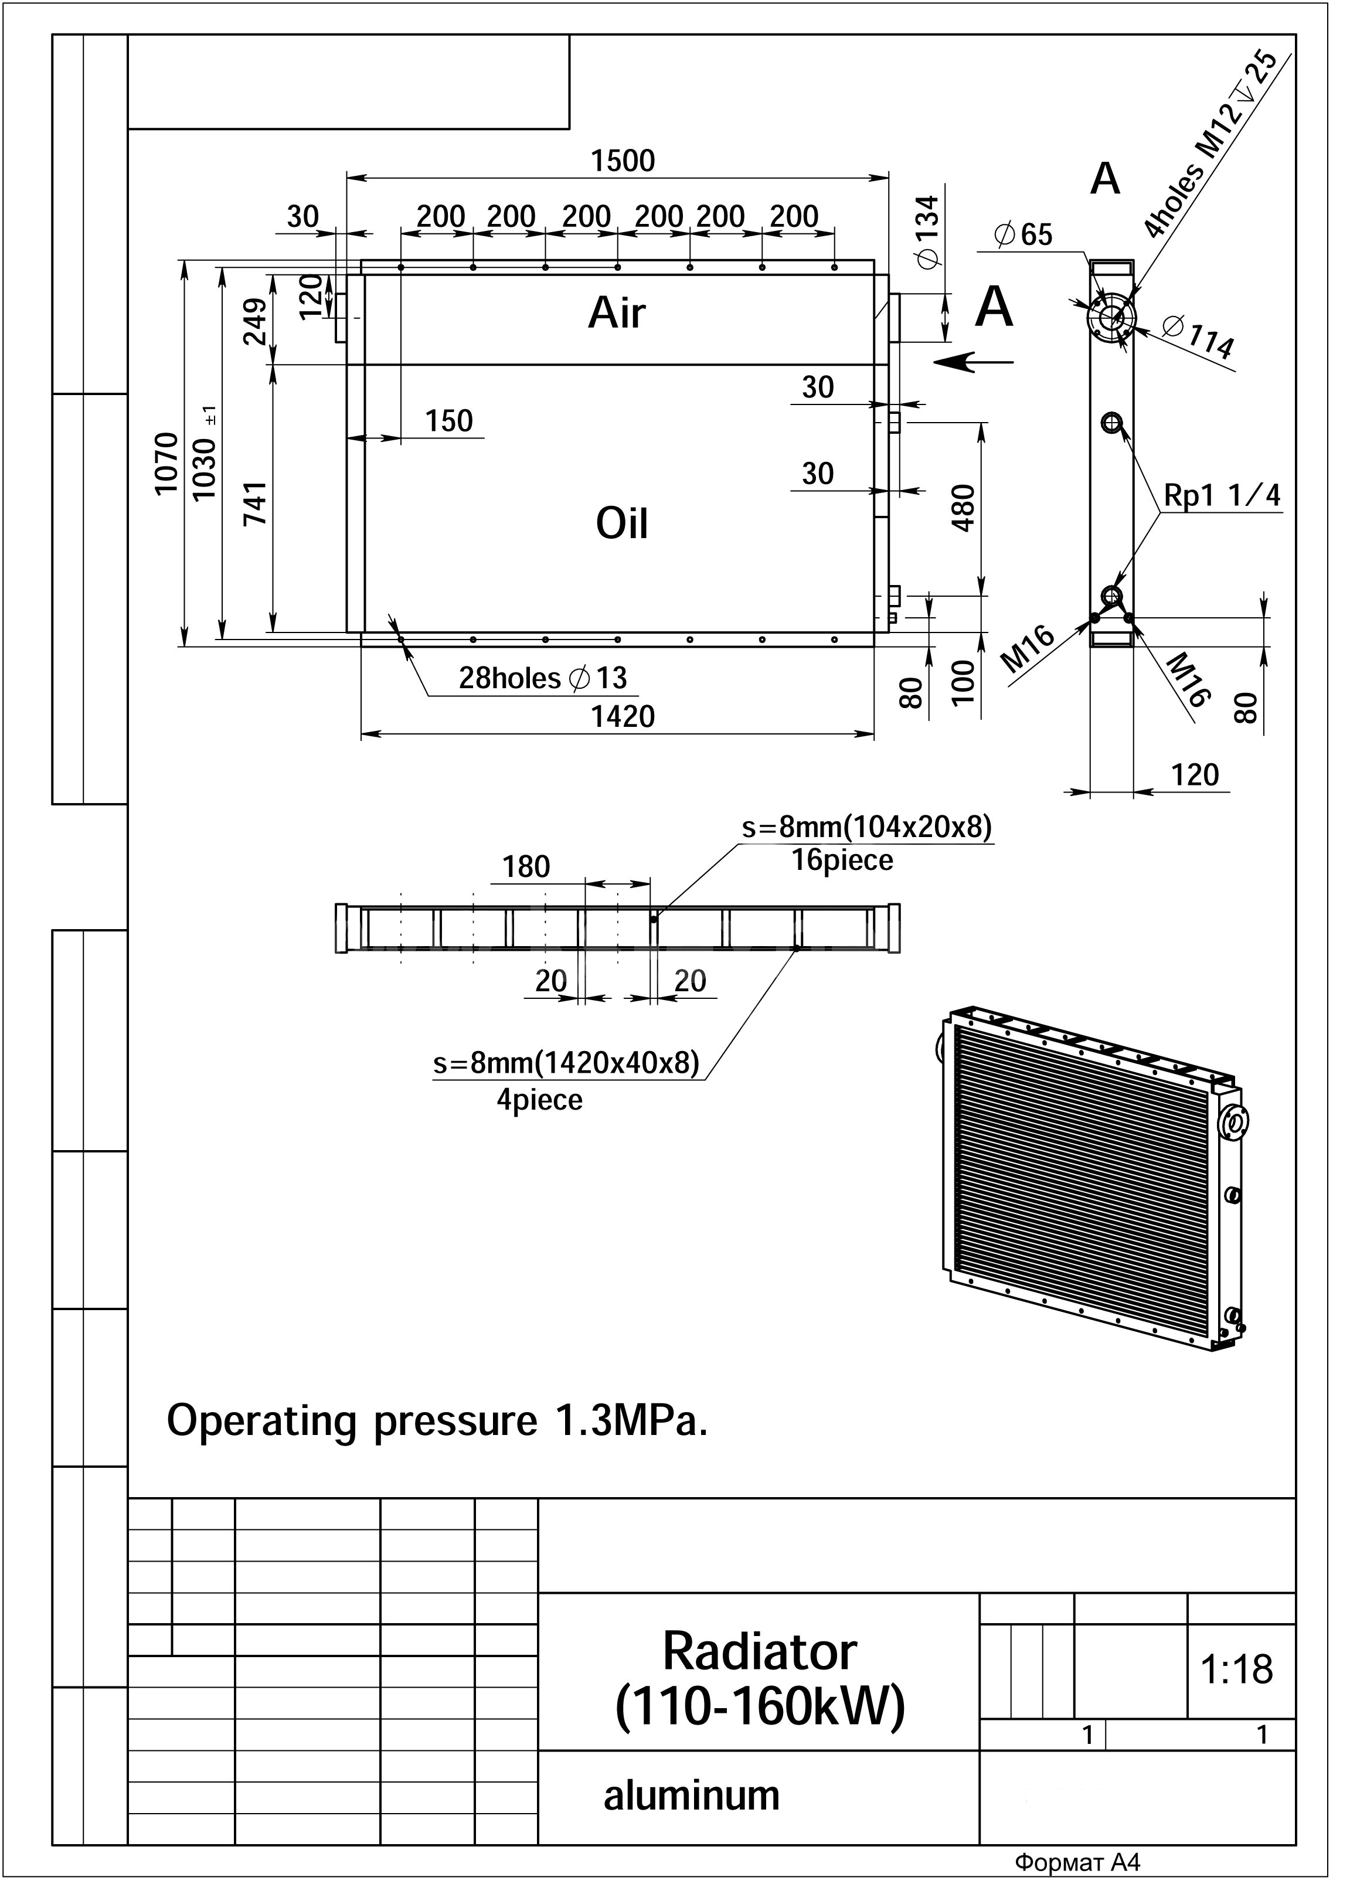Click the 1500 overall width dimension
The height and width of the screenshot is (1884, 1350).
[x=623, y=161]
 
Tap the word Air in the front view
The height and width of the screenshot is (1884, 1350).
[x=617, y=313]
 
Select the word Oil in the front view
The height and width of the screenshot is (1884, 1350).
[x=621, y=523]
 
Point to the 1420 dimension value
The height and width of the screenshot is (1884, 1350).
[x=623, y=716]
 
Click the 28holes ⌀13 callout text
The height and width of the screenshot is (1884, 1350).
[x=543, y=679]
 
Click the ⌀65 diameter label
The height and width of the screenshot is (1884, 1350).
[x=1023, y=235]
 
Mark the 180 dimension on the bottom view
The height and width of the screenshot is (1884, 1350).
[x=526, y=866]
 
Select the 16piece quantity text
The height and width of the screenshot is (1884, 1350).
[x=842, y=860]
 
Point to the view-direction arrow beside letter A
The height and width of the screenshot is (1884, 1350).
[x=973, y=361]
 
